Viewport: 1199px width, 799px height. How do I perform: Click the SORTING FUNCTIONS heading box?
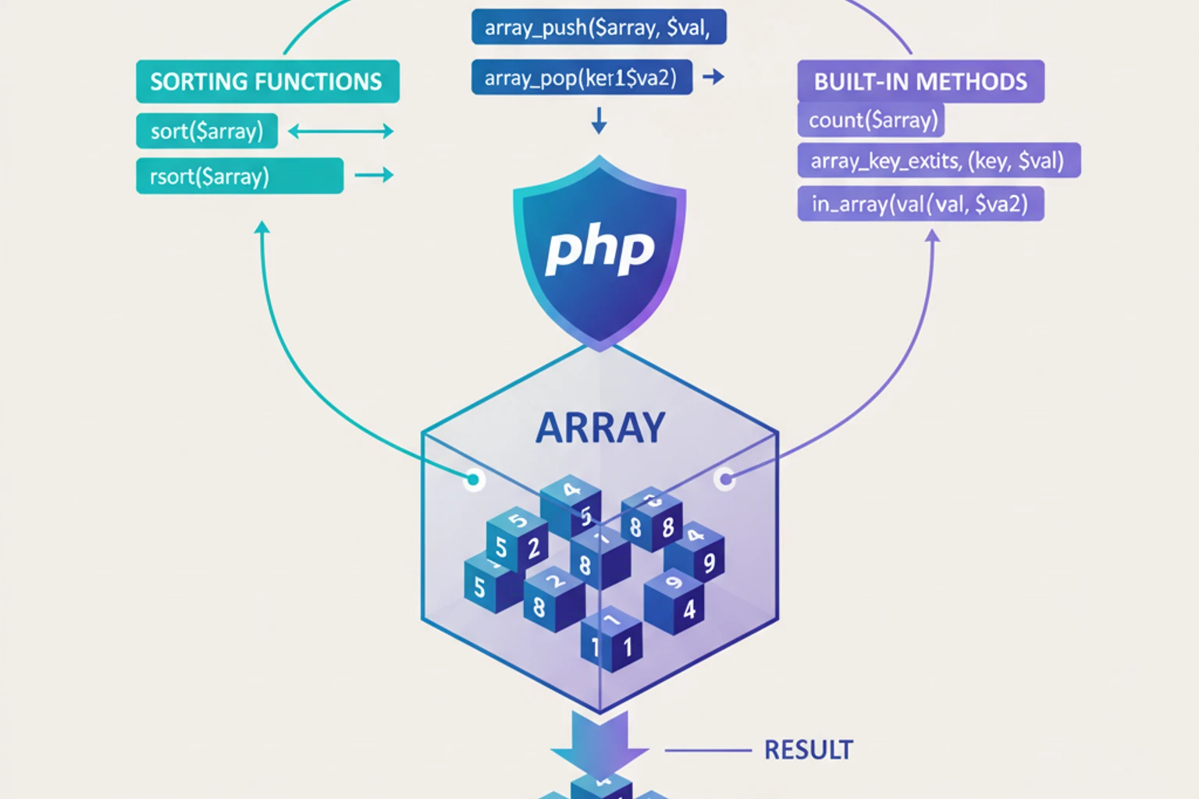tap(267, 82)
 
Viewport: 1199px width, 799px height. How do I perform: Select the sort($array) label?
tap(207, 131)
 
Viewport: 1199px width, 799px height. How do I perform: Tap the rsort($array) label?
tap(240, 176)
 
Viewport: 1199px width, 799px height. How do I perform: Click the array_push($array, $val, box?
tap(599, 28)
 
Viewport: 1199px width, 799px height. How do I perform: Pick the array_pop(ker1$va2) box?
tap(582, 78)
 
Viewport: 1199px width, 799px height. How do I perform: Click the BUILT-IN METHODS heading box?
tap(920, 82)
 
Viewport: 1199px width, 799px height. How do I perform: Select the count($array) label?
tap(871, 120)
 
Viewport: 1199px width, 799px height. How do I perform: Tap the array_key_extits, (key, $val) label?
tap(938, 161)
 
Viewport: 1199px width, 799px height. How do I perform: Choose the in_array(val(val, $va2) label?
tap(920, 204)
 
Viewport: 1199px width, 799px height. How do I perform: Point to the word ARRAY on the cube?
tap(599, 428)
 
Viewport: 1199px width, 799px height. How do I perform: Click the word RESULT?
tap(808, 750)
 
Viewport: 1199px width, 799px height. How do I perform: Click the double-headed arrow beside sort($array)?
tap(340, 131)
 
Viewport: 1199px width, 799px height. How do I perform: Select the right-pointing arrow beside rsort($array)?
tap(374, 176)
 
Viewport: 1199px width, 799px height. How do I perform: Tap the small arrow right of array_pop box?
tap(713, 77)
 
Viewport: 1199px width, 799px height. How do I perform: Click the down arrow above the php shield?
tap(599, 121)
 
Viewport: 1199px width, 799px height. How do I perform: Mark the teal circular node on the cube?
tap(473, 479)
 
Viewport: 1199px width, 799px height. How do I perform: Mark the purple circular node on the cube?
tap(725, 478)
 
